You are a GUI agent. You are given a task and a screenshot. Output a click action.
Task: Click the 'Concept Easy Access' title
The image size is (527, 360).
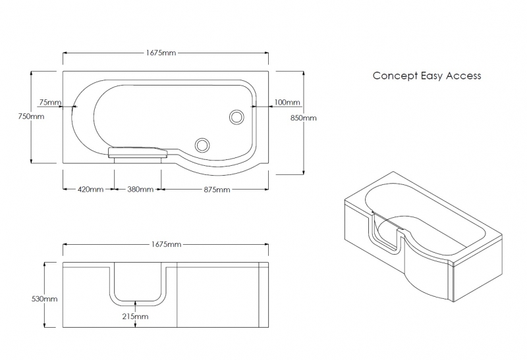[427, 76]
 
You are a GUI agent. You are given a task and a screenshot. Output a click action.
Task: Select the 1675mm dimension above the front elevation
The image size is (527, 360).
[165, 244]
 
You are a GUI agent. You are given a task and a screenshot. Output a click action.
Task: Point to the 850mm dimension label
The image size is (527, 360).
[304, 118]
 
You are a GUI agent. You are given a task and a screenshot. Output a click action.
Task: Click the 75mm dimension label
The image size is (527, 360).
[50, 102]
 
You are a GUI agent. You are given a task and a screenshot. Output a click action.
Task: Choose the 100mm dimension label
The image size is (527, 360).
[287, 102]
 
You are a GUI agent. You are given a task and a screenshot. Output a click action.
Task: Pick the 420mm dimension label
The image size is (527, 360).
[90, 190]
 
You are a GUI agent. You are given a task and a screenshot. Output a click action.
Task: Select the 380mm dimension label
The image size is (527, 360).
[140, 190]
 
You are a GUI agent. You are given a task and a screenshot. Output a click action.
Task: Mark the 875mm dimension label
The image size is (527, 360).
[217, 190]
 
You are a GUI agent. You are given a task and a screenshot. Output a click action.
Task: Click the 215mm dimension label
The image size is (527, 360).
[136, 317]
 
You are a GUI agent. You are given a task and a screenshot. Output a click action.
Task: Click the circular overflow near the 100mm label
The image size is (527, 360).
[236, 117]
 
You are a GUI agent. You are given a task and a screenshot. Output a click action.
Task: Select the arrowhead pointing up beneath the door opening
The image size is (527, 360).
[136, 304]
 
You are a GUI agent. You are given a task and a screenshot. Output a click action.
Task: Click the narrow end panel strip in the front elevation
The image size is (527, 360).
[265, 295]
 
